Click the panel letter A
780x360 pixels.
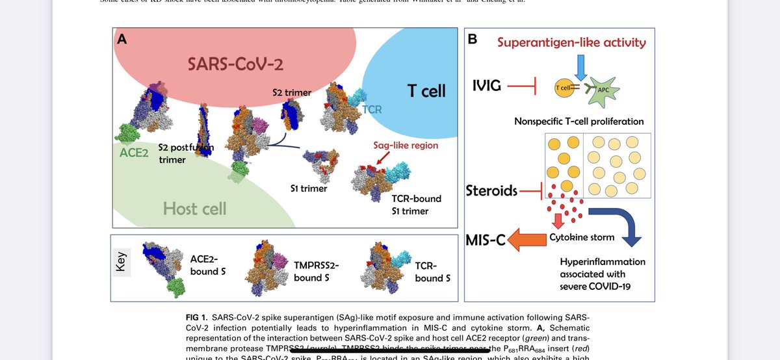coord(121,38)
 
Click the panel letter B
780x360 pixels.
coord(473,40)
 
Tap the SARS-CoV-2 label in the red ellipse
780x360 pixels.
coord(235,65)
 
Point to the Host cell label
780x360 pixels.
coord(194,208)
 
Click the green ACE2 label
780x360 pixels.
coord(135,153)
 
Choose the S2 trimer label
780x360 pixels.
coord(291,92)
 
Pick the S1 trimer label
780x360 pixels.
coord(309,188)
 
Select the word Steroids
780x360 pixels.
coord(492,191)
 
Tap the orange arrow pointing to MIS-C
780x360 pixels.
coord(528,241)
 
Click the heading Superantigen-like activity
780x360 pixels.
coord(571,43)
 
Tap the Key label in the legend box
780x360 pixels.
coord(122,264)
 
